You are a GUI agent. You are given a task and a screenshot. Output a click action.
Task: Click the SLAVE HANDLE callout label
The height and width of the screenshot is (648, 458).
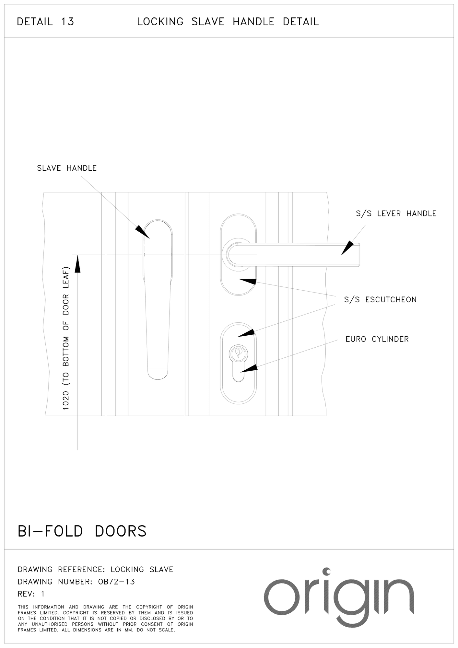tap(67, 168)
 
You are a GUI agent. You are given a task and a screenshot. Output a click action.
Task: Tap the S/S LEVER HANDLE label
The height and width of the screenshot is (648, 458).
tap(396, 214)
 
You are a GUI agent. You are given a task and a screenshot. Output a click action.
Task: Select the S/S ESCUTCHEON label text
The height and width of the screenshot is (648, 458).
tap(380, 300)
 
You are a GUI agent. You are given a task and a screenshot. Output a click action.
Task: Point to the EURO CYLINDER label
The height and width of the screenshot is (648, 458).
tap(377, 339)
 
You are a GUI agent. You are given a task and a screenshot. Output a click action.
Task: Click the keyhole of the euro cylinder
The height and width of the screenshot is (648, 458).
tap(238, 353)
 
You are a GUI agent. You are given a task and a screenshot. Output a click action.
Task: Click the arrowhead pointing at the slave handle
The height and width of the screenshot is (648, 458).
tap(142, 232)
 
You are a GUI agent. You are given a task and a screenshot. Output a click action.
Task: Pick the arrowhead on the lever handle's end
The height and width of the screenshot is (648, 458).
tap(347, 248)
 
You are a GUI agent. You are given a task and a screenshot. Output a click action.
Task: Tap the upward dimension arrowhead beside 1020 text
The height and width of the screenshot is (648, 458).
tap(77, 264)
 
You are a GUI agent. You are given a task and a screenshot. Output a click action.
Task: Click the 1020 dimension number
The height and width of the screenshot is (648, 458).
tap(66, 400)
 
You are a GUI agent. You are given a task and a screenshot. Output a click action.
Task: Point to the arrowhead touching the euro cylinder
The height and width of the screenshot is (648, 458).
tap(250, 368)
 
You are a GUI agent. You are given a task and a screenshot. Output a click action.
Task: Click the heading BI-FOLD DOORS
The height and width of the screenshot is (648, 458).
tap(82, 532)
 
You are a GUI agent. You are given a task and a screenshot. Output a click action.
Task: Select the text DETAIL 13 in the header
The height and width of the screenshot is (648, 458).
tap(46, 22)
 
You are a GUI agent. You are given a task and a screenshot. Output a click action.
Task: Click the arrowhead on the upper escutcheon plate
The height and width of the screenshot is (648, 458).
tap(248, 281)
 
